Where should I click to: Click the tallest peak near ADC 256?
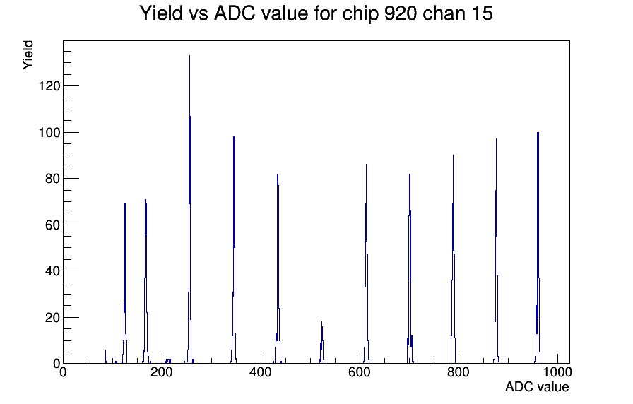pos(190,210)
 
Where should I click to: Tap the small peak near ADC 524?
pos(321,343)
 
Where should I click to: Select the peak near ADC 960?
pos(538,248)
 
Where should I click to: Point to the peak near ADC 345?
pos(234,250)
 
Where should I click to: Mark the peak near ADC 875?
pos(496,251)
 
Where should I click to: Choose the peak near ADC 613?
pos(366,264)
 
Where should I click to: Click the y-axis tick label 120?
pos(49,86)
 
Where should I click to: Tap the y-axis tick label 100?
pos(49,132)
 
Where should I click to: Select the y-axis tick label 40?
pos(52,271)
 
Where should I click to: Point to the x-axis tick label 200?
pos(162,372)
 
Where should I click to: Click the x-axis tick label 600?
pos(360,372)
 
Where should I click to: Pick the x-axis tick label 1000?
pos(557,372)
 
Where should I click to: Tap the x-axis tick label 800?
pos(459,372)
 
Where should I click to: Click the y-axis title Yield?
pos(28,55)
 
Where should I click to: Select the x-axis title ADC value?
pos(537,386)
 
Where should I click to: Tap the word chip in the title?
pos(360,14)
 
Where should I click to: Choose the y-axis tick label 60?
pos(52,225)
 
